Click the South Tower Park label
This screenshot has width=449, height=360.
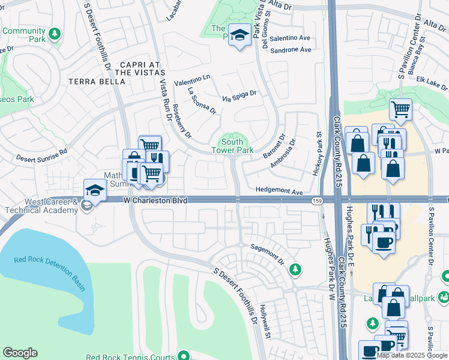(x=232, y=146)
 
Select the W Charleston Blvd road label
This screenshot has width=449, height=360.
(x=155, y=200)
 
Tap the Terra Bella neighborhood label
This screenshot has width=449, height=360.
(x=92, y=82)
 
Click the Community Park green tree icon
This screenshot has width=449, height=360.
(x=55, y=33)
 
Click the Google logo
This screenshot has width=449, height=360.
(x=20, y=353)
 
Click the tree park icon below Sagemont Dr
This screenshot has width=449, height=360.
(x=295, y=269)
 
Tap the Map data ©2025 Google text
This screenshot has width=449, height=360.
(x=412, y=355)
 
